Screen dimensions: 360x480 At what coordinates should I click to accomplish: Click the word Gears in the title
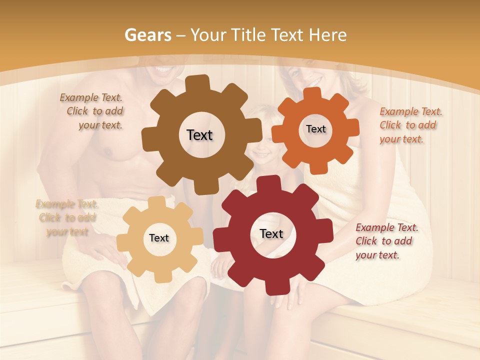pyautogui.click(x=147, y=35)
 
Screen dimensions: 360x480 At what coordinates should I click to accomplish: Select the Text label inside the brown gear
pyautogui.click(x=199, y=135)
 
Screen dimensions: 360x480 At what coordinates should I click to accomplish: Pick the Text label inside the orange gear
pyautogui.click(x=315, y=129)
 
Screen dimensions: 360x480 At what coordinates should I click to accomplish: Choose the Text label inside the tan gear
pyautogui.click(x=159, y=238)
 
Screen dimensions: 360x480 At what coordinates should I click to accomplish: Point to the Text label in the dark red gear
pyautogui.click(x=271, y=233)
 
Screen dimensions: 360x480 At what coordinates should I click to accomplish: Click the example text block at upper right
pyautogui.click(x=409, y=125)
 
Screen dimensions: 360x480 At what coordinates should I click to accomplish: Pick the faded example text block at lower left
pyautogui.click(x=66, y=217)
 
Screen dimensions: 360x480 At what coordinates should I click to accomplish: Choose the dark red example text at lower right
pyautogui.click(x=386, y=241)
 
